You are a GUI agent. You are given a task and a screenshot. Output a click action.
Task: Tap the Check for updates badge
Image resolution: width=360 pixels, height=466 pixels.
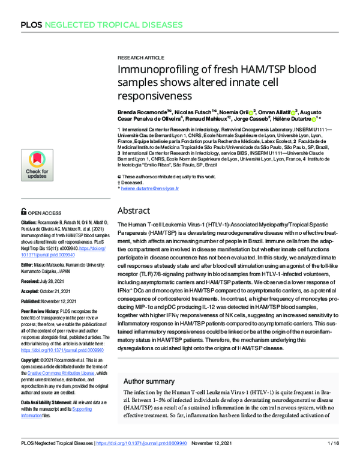point(37,165)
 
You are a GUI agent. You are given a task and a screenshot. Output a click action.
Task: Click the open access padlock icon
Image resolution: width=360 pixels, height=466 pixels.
point(24,212)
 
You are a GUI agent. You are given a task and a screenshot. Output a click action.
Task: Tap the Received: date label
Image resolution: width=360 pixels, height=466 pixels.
point(32,280)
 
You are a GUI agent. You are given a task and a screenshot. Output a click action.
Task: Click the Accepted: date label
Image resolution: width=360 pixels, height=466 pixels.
point(33,291)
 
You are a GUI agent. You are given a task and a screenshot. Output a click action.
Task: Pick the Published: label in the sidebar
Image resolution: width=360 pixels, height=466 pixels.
point(34,303)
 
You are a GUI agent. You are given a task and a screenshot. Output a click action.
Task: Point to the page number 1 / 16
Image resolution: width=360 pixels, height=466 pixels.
point(334,459)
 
